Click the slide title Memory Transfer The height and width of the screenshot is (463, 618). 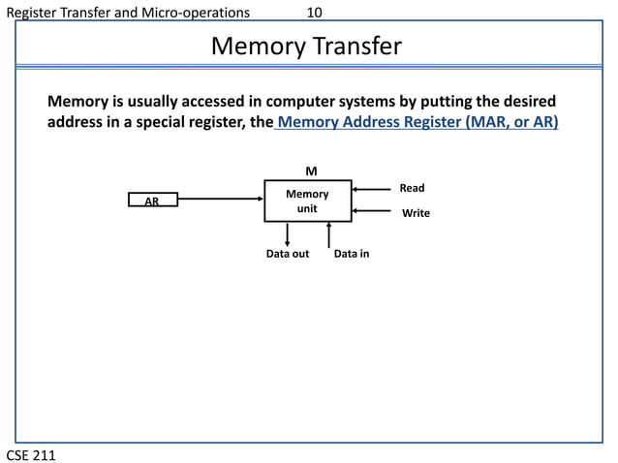point(306,46)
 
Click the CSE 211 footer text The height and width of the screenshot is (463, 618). point(31,452)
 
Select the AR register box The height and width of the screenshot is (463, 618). point(153,201)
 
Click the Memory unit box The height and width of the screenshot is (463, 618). point(307,201)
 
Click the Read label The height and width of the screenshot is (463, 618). point(412,188)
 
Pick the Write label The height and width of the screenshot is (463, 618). point(416,212)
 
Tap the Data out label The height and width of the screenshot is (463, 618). point(288,254)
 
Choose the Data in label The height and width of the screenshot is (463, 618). point(351,254)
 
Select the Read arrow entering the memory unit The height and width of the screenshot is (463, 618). point(373,189)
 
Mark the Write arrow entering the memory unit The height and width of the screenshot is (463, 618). point(373,210)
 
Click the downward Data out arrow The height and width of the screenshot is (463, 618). point(288,233)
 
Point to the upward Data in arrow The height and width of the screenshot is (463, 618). point(329,233)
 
